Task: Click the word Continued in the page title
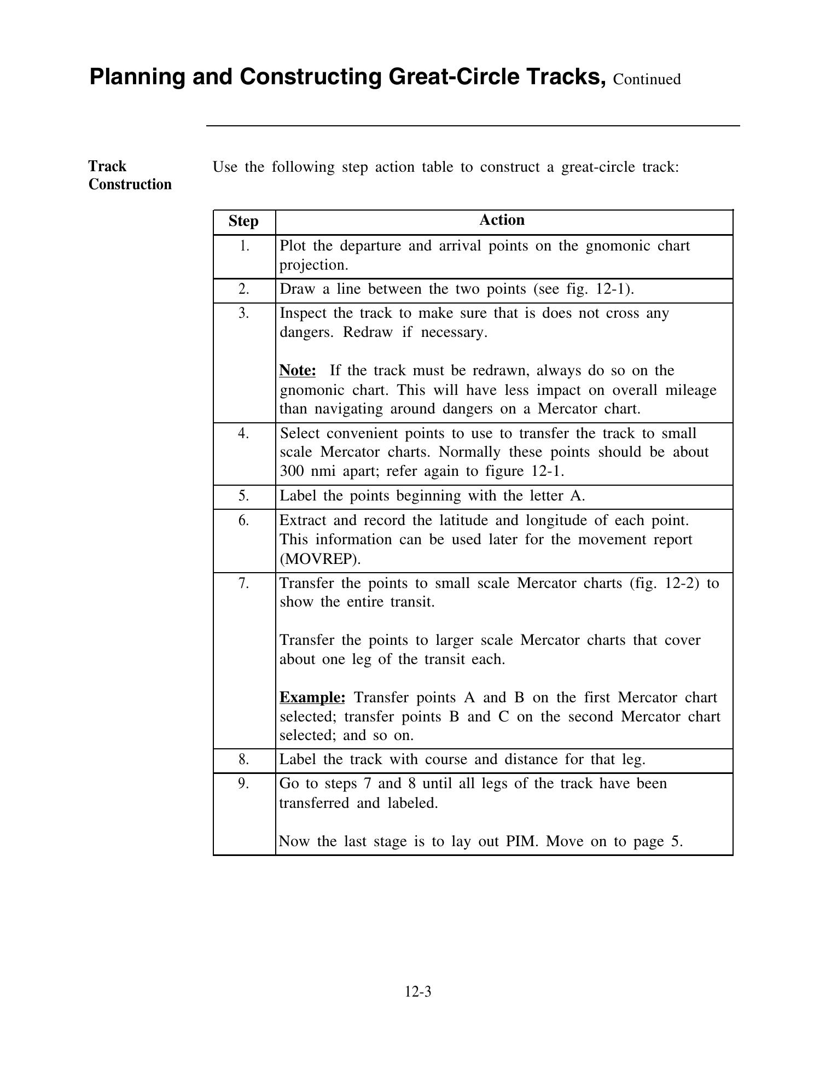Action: tap(647, 79)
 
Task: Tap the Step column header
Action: tap(243, 221)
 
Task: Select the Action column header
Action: tap(502, 220)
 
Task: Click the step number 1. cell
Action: tap(244, 246)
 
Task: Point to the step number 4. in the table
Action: tap(244, 433)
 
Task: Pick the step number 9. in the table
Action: tap(244, 783)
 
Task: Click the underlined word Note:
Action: tap(298, 370)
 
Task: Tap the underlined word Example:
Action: tap(312, 697)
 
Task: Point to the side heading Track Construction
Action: tap(130, 175)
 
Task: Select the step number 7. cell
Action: tap(244, 583)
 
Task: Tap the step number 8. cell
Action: tap(244, 759)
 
